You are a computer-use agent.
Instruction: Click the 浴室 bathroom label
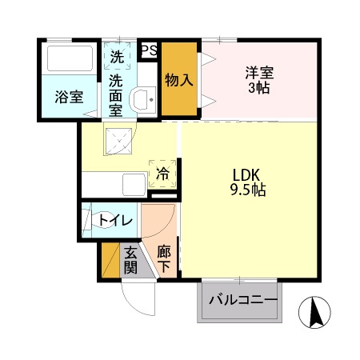[69, 98]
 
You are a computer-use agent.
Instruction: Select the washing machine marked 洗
[117, 57]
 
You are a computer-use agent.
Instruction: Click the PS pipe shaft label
[148, 50]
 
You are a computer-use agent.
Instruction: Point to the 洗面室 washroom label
[117, 94]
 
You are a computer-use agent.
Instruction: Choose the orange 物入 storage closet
[178, 80]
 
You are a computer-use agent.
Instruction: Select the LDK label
[247, 175]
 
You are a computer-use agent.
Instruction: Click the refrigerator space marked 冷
[163, 172]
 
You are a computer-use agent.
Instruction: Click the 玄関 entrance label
[130, 260]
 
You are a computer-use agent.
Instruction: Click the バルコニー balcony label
[243, 301]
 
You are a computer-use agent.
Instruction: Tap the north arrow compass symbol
[314, 312]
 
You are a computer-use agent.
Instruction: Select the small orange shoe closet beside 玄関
[110, 260]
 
